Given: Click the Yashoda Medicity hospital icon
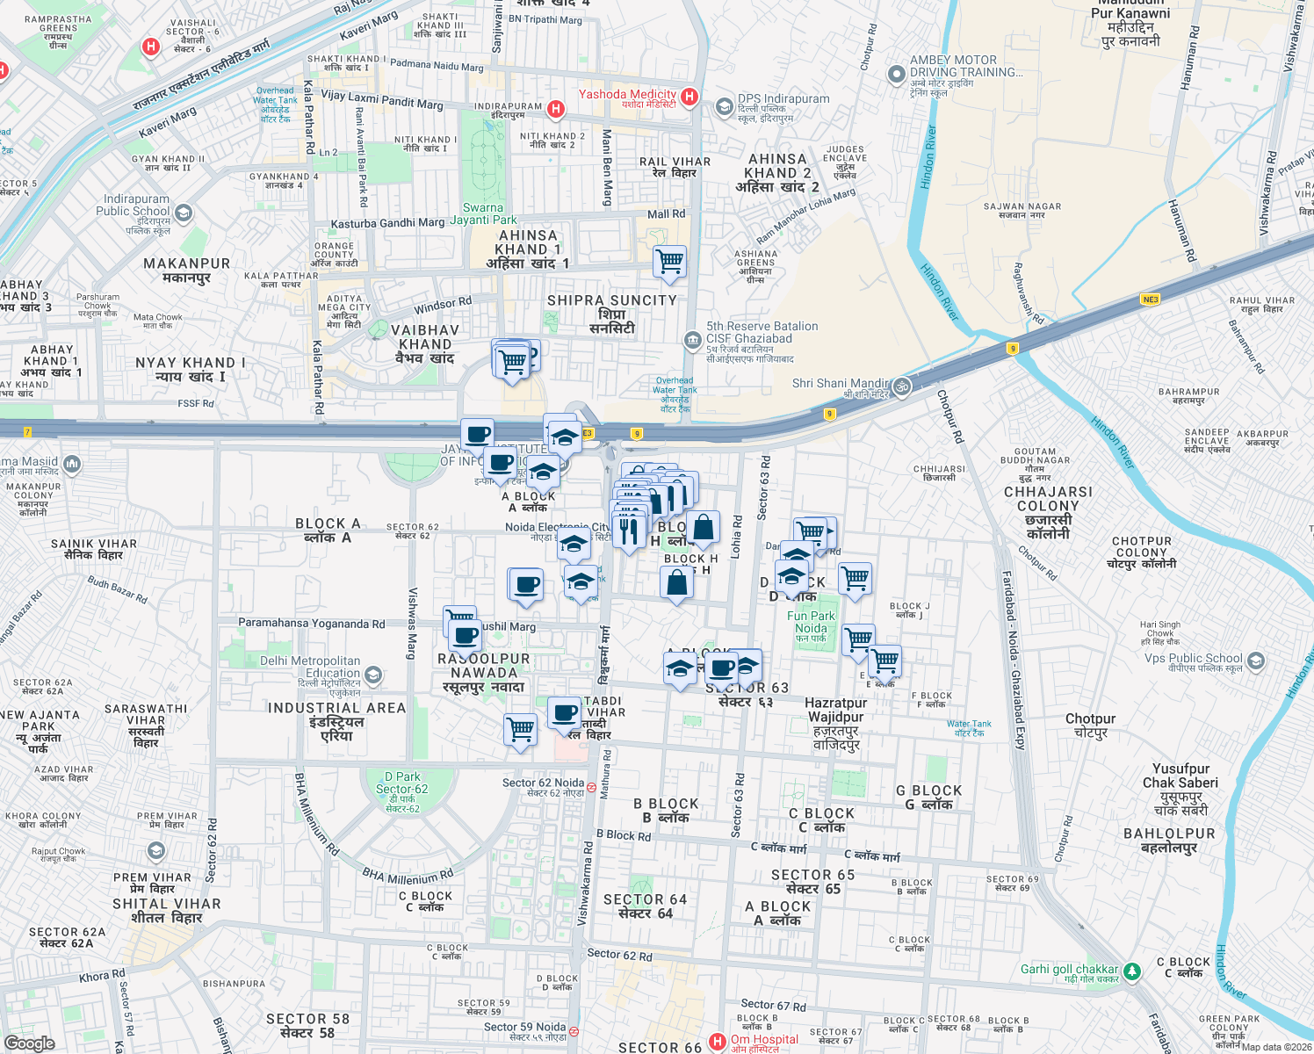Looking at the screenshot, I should (x=689, y=97).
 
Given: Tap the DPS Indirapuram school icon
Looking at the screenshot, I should (x=724, y=107).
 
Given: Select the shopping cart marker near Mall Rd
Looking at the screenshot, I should (x=670, y=261).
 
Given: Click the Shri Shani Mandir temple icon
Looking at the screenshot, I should (x=901, y=386).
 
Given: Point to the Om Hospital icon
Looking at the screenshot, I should (x=718, y=1042).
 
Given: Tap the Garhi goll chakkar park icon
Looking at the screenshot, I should (x=1132, y=971).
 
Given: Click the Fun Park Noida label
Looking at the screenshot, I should (x=811, y=622).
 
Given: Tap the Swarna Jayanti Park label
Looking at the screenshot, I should (x=483, y=214).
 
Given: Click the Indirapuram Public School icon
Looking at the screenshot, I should (x=184, y=213).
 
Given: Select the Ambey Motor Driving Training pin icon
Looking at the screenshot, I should (x=896, y=75).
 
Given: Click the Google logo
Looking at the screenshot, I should (x=30, y=1043).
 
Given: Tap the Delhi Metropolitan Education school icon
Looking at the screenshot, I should (x=373, y=675).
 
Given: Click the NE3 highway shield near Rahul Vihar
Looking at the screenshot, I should (x=1150, y=300).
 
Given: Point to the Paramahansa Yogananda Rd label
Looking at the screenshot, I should (x=311, y=624).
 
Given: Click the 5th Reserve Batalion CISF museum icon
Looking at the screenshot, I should (x=692, y=339).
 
